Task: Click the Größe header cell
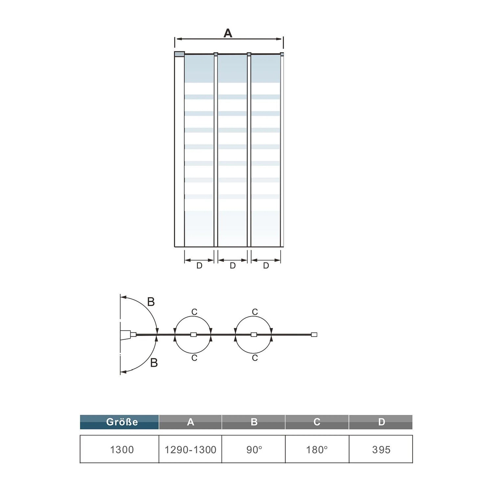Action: click(x=119, y=422)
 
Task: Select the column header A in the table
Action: click(x=190, y=422)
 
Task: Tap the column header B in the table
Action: click(x=254, y=422)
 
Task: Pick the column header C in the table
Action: click(x=317, y=422)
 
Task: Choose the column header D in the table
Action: click(x=381, y=422)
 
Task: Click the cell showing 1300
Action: click(x=120, y=449)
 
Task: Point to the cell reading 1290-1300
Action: click(x=190, y=449)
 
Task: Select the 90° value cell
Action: click(x=254, y=449)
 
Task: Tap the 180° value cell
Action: click(x=317, y=449)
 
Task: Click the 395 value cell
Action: click(x=381, y=449)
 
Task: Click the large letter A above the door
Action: click(x=228, y=33)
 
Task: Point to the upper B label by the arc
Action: click(x=151, y=302)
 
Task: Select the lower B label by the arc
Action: click(x=154, y=363)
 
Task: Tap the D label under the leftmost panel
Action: click(x=199, y=266)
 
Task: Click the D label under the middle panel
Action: click(x=233, y=266)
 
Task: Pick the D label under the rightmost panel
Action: click(x=266, y=266)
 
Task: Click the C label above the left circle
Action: click(x=194, y=312)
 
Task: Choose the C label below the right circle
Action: click(x=255, y=358)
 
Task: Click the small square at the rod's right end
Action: click(x=314, y=335)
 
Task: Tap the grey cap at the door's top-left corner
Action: click(x=179, y=54)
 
